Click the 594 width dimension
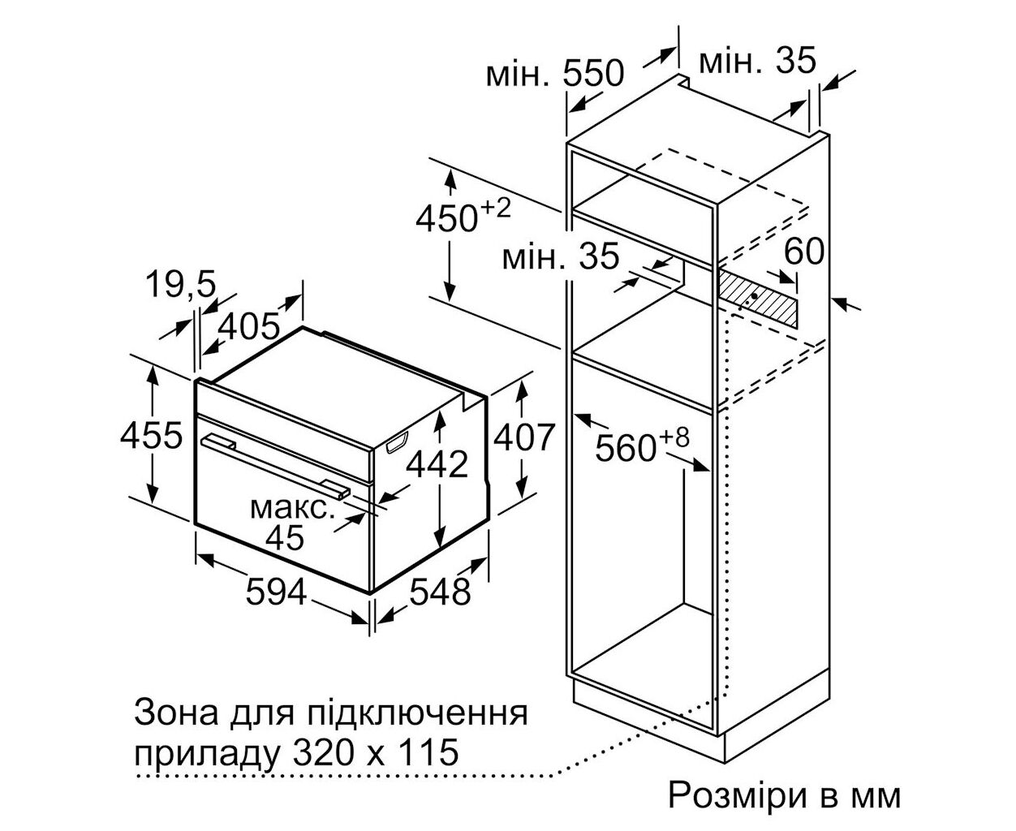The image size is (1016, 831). (276, 592)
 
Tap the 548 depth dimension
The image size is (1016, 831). (439, 592)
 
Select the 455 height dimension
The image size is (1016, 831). (151, 435)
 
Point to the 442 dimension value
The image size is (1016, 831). (437, 464)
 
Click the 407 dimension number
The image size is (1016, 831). (524, 437)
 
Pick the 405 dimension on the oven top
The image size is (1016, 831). (248, 325)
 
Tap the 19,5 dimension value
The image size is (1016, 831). (180, 283)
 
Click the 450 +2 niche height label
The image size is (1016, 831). (463, 215)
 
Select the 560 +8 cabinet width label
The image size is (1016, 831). (642, 444)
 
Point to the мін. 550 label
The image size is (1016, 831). (555, 74)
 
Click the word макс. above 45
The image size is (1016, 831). (292, 508)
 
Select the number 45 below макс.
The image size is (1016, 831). (285, 536)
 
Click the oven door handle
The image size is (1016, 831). (275, 465)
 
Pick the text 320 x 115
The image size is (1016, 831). (376, 752)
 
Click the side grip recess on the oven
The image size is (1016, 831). (396, 442)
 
